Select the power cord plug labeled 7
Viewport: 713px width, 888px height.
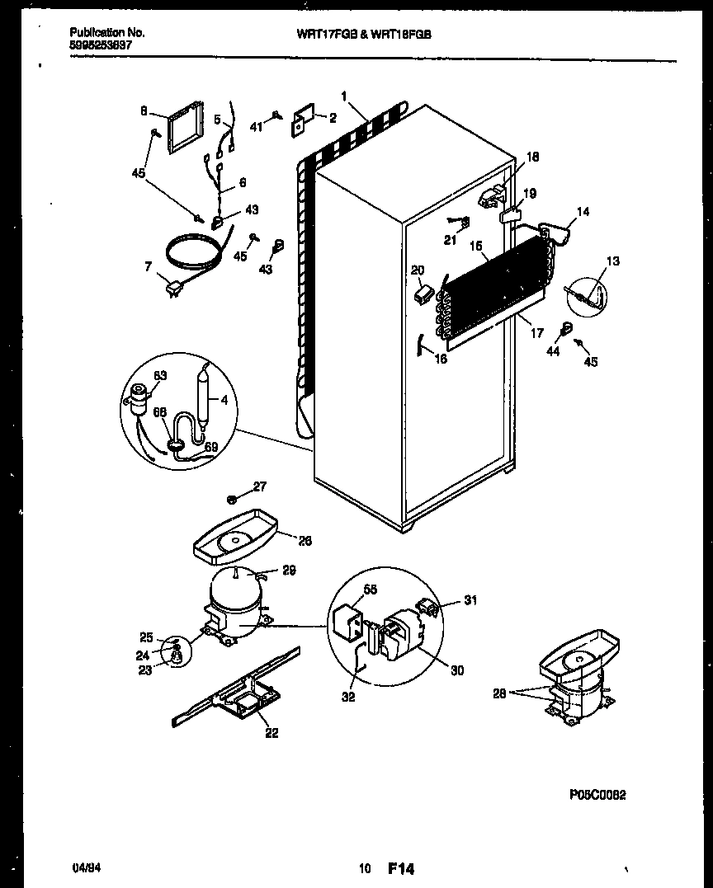(175, 288)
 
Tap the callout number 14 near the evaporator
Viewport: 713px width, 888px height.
(583, 211)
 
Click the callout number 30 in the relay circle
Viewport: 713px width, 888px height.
(457, 670)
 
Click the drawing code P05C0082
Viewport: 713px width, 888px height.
(597, 795)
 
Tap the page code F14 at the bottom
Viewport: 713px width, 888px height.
(400, 868)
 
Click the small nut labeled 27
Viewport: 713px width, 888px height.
(234, 500)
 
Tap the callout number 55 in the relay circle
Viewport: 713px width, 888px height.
(371, 590)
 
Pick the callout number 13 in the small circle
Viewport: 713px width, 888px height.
(612, 261)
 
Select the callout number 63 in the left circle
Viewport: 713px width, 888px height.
(159, 376)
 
